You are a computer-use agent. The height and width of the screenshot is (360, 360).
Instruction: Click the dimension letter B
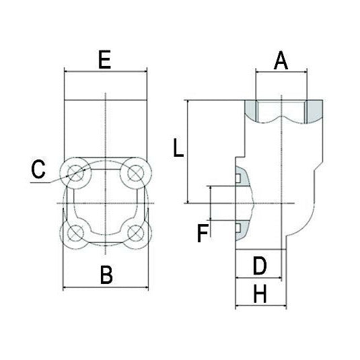tap(106, 275)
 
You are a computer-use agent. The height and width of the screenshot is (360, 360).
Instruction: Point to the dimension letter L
tap(178, 147)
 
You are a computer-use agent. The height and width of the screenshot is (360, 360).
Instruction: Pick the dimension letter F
tap(202, 233)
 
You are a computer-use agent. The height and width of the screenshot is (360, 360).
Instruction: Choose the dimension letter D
tap(259, 266)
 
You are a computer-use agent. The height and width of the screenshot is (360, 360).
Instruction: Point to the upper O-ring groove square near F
tap(238, 178)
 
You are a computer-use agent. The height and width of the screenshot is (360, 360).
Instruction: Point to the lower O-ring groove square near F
tap(238, 226)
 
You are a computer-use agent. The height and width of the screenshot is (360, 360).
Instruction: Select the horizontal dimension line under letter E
tap(104, 71)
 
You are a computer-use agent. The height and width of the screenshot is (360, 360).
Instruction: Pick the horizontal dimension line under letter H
tap(261, 307)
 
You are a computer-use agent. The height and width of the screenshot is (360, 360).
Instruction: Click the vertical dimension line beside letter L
tap(185, 151)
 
